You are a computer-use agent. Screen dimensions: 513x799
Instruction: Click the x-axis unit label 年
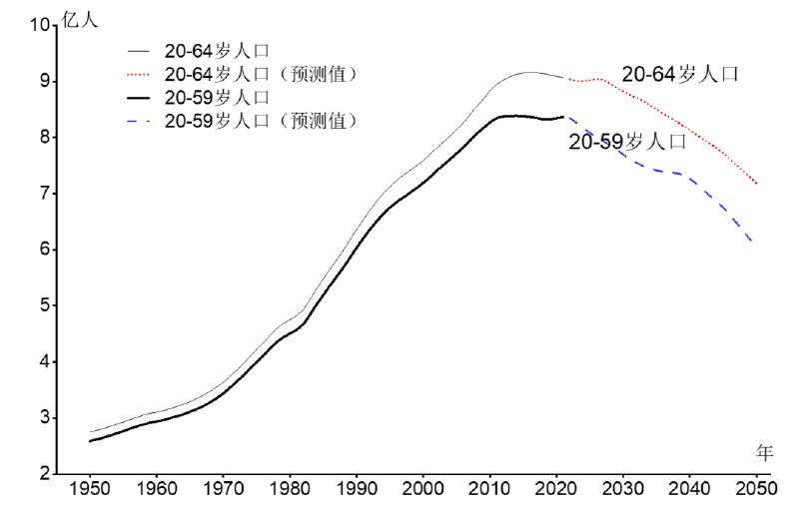point(764,453)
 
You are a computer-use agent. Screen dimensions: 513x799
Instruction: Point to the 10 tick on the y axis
point(40,25)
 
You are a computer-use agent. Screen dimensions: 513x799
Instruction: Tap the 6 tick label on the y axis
point(45,250)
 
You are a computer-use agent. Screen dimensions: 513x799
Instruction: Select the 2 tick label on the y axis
point(45,474)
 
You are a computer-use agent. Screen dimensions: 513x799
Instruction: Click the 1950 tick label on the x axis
point(90,492)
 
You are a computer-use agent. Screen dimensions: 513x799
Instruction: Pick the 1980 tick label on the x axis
point(290,492)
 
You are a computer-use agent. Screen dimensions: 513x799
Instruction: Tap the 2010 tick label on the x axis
point(489,492)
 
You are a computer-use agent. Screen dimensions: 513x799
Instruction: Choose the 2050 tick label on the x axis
point(756,492)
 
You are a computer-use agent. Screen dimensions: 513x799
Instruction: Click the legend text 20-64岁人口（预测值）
point(261,74)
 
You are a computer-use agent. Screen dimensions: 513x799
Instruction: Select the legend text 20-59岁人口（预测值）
point(261,121)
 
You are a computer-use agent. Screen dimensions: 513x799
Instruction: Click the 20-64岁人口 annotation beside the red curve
point(680,74)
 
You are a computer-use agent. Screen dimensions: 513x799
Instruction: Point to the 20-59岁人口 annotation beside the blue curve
point(627,143)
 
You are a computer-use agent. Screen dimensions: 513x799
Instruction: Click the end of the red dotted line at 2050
point(756,184)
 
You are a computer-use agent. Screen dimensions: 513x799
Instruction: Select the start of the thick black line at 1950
point(90,441)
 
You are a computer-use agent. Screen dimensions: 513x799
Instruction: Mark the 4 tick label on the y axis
point(45,362)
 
